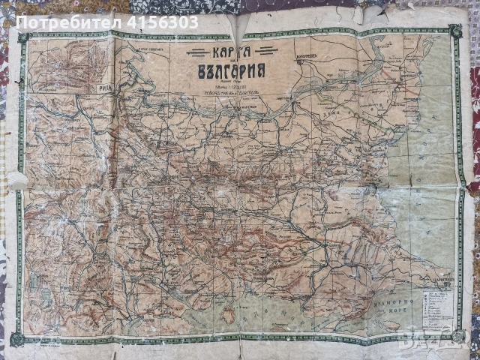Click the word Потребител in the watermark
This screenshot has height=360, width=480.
pos(64,22)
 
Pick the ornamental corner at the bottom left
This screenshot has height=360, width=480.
pos(18,340)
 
